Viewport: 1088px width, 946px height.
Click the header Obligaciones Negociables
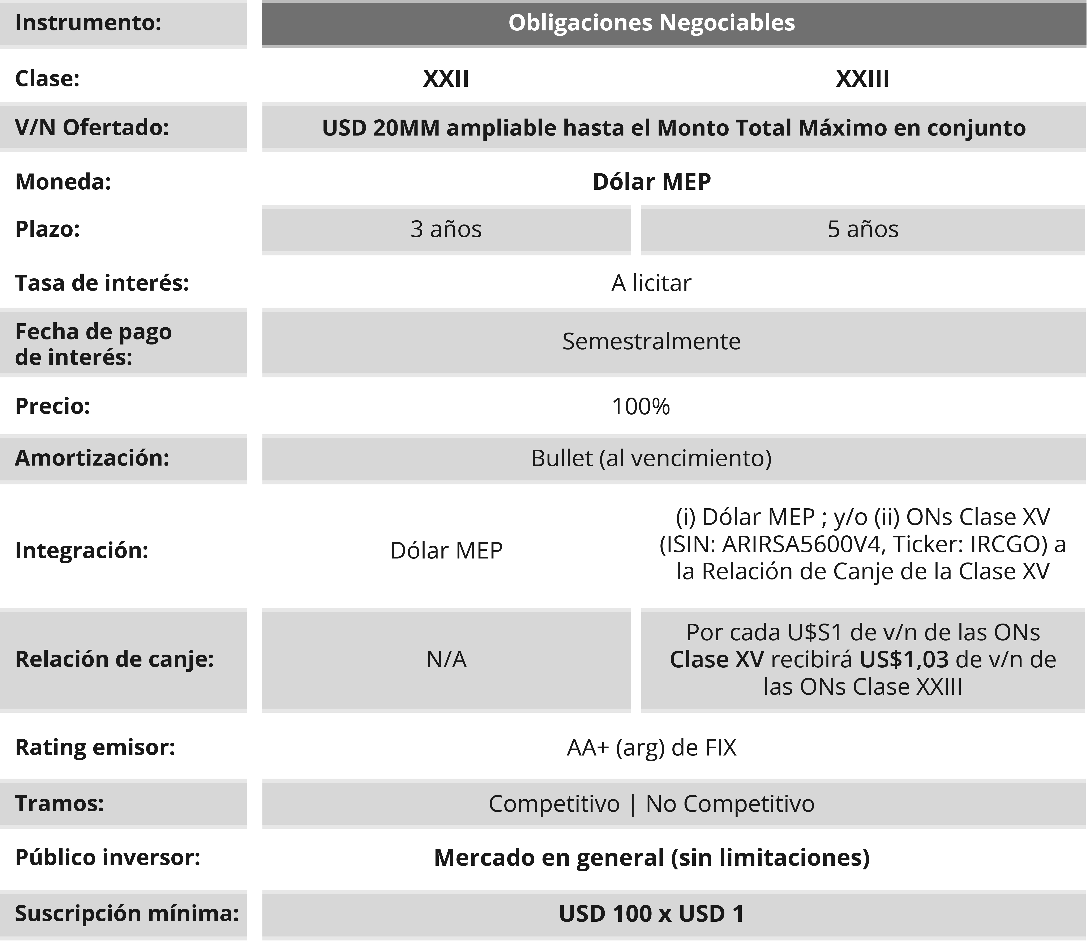651,23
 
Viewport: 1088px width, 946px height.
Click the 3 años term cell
446,229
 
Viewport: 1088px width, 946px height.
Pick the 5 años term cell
863,229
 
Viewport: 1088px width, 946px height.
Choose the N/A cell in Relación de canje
446,659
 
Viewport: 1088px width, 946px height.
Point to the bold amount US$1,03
904,659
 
